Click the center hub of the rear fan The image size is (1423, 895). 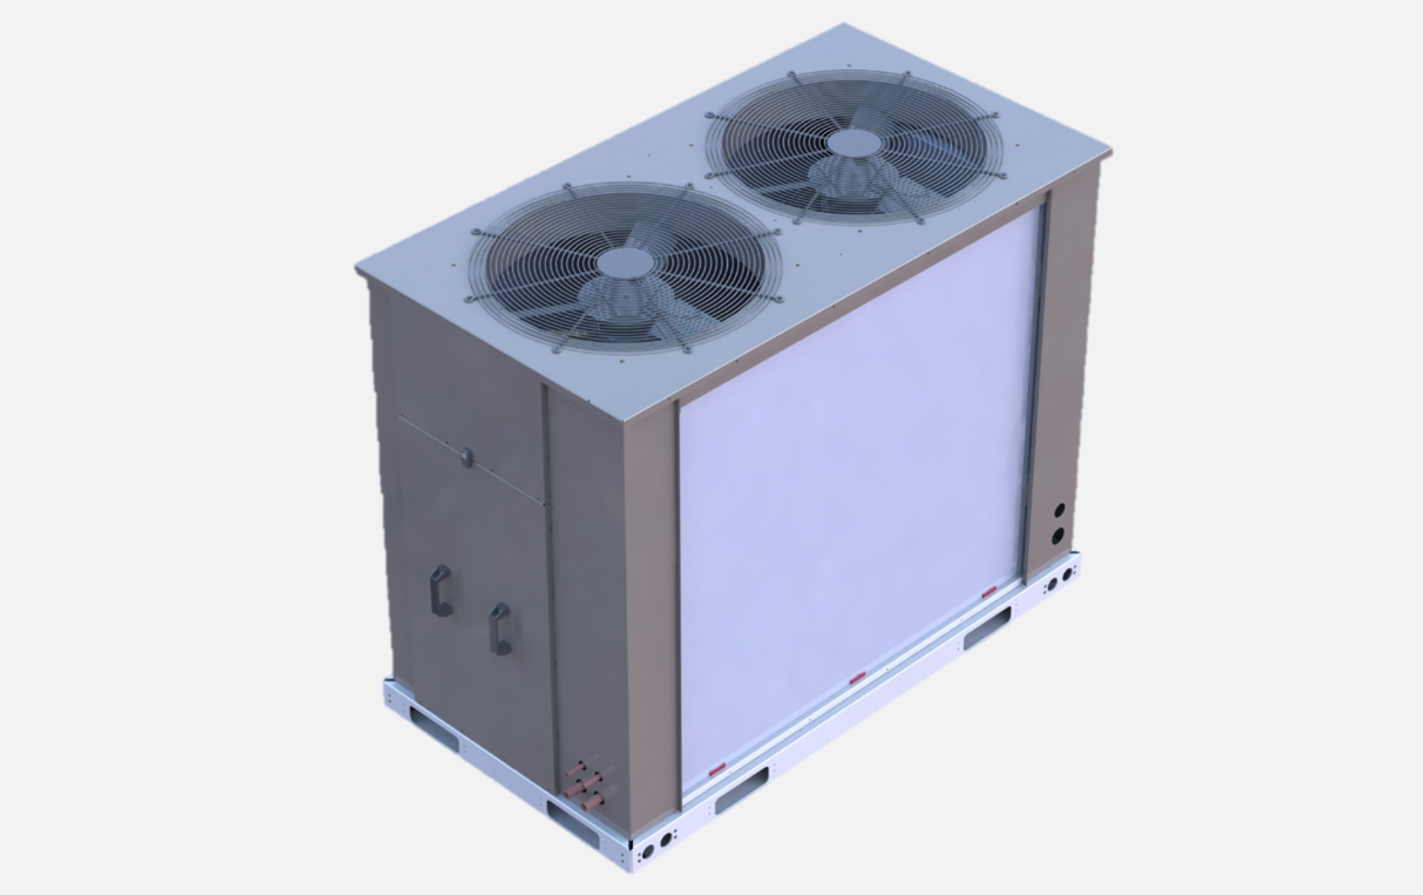point(852,144)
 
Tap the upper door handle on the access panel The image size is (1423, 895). point(441,591)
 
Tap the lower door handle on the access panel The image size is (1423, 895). point(500,628)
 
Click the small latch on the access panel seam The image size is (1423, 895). point(467,455)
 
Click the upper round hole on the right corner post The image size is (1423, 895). point(1059,510)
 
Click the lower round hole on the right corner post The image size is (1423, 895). point(1058,535)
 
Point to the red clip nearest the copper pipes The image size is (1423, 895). point(718,769)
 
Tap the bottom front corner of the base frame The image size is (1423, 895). point(630,869)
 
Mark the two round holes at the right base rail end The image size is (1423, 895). point(1059,580)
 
